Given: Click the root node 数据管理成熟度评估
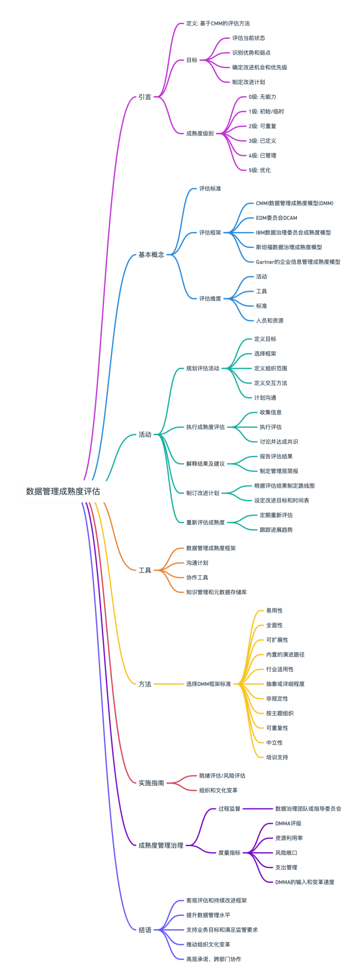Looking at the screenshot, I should (x=63, y=491).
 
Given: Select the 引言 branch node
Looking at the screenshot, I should (x=145, y=97).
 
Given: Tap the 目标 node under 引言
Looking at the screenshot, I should (x=192, y=60).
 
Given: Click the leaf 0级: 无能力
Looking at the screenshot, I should (x=262, y=97).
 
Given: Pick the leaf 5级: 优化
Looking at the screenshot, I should (x=260, y=170).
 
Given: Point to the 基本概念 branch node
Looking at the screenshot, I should (x=151, y=255).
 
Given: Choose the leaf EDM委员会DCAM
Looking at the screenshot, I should (x=276, y=218).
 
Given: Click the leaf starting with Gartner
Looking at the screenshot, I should (x=298, y=262).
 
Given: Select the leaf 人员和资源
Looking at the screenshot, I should (x=270, y=321).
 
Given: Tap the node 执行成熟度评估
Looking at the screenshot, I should (x=205, y=427).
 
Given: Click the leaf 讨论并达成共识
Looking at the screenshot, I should (x=279, y=442).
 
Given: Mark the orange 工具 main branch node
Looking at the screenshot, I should (x=145, y=570).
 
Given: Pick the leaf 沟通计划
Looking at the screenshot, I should (x=197, y=563).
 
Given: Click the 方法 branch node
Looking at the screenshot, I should (x=145, y=684).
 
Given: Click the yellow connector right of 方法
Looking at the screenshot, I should (x=169, y=684).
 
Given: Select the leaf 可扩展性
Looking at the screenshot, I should (x=277, y=640).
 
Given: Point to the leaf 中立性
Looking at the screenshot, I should (x=274, y=743).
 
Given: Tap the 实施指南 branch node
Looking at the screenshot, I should (x=151, y=783).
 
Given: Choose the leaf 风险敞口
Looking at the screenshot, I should (x=286, y=853).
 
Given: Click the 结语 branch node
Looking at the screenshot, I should (x=145, y=930).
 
